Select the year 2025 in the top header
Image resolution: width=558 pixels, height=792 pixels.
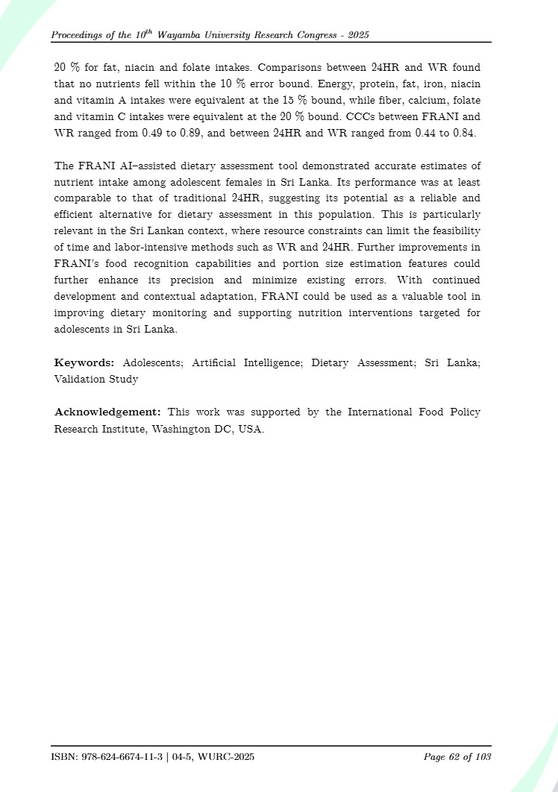tap(358, 35)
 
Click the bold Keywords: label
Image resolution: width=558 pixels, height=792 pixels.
tap(84, 362)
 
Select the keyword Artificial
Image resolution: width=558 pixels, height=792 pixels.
tap(213, 362)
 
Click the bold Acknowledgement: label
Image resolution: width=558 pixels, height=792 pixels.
tap(107, 412)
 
